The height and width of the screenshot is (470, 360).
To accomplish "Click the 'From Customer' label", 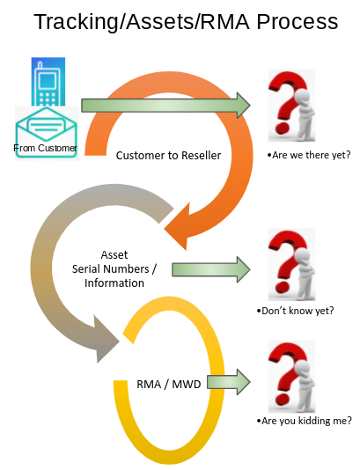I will (46, 148).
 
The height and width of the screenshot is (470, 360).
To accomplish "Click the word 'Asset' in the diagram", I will (114, 254).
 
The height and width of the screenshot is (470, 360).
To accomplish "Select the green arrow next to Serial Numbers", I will (205, 268).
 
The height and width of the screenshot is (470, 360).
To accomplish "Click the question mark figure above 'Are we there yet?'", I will (291, 105).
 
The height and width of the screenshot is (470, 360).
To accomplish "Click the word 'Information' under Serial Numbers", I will (114, 283).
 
